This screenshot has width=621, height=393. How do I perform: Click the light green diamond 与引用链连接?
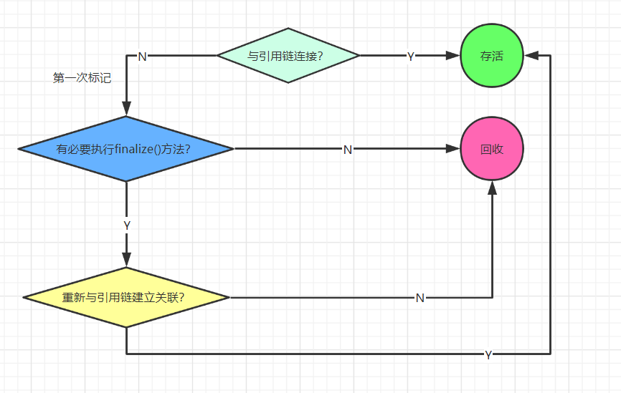pos(288,56)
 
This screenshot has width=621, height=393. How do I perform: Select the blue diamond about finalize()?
pos(126,149)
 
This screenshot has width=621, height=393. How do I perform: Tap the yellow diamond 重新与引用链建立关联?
pos(126,297)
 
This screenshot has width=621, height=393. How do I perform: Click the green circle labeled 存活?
pos(492,56)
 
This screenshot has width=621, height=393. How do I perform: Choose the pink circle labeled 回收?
pos(492,149)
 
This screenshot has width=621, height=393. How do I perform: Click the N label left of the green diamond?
pos(142,57)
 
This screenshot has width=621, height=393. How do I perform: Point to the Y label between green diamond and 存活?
pos(410,57)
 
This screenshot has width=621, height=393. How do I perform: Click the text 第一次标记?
pos(82,78)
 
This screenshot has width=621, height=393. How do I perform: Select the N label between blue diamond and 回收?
pos(347,150)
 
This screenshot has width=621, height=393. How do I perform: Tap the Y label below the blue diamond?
pos(127,225)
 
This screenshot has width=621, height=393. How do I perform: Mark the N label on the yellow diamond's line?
pos(420,298)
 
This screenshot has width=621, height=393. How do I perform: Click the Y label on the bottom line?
pos(488,354)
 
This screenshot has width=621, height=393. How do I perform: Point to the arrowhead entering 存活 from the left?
pos(453,56)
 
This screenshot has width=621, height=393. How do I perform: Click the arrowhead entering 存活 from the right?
pos(531,56)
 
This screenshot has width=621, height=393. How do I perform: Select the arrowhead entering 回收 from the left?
pos(453,149)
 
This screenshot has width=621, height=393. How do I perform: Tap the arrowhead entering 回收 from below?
pos(492,187)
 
